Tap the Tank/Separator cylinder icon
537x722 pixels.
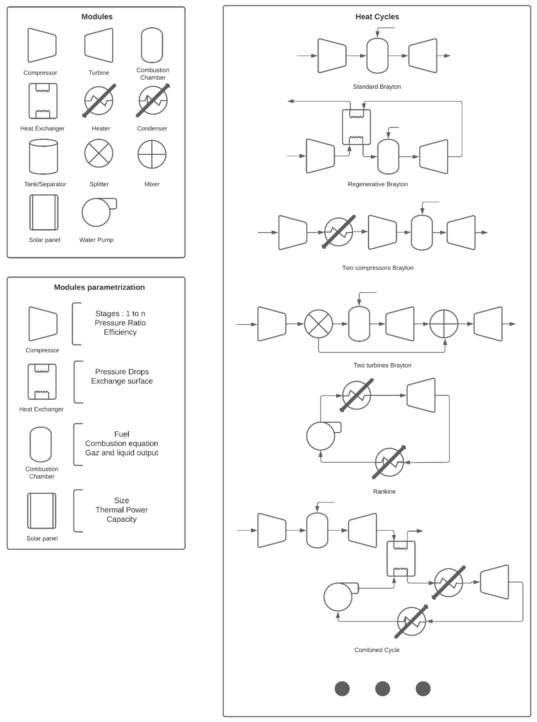(44, 157)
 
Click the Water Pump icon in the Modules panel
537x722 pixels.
(96, 212)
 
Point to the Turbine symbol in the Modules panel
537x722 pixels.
(99, 45)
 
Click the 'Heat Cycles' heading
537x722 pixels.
(377, 17)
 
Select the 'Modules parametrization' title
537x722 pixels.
(99, 287)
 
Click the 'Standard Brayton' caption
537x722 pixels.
(377, 86)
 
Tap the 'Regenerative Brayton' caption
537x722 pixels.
(377, 184)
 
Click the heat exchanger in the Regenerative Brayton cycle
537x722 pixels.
(356, 127)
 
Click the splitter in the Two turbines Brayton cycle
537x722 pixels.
(319, 324)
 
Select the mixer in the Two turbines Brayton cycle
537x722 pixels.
(444, 324)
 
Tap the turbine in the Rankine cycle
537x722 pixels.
(421, 395)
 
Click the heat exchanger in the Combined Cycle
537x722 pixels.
(401, 558)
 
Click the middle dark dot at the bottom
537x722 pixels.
(383, 688)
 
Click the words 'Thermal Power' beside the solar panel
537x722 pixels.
(122, 510)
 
